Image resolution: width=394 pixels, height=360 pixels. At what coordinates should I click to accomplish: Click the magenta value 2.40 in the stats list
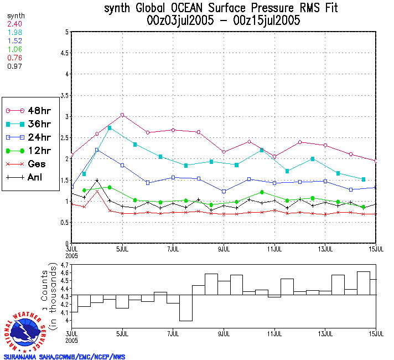[14, 24]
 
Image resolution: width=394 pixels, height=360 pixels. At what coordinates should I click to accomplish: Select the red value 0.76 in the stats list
[14, 57]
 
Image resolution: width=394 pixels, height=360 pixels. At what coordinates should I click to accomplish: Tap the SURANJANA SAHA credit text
[64, 357]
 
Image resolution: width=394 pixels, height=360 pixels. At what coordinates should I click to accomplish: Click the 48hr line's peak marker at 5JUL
[122, 115]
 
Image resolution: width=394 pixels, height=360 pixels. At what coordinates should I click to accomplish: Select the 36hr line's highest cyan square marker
[110, 128]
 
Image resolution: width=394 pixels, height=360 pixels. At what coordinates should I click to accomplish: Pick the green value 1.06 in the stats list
[14, 49]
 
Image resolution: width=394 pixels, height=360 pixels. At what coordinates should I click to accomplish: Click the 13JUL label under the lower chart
[325, 334]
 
